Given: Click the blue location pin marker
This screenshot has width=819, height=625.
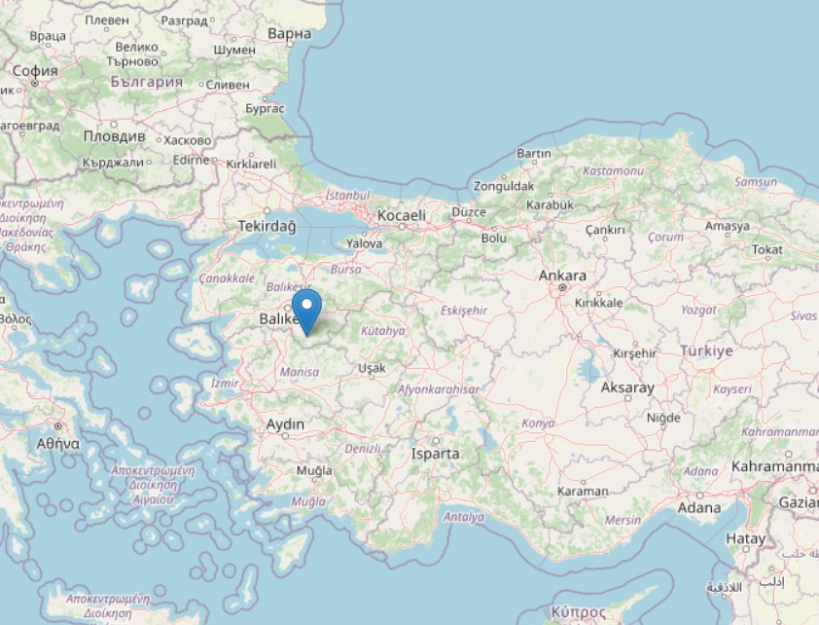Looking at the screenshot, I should (x=307, y=311).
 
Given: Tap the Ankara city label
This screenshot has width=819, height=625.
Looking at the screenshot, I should (x=563, y=276).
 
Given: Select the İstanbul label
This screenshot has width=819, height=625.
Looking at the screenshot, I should (x=349, y=195).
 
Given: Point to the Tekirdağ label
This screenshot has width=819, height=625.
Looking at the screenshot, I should (x=266, y=226).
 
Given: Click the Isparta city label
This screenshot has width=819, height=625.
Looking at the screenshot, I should (x=434, y=454).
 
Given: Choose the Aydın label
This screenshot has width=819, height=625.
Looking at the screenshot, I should (x=285, y=424).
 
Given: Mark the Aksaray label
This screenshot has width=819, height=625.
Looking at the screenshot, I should (x=627, y=387).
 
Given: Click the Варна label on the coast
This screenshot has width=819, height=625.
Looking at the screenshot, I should (x=289, y=34).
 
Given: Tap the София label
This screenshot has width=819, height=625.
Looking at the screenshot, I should (x=35, y=70).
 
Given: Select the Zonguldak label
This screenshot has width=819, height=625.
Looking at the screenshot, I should (x=503, y=186).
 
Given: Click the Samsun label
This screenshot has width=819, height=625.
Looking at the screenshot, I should (x=756, y=182).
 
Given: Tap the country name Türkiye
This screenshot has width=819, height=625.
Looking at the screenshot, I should (x=706, y=351).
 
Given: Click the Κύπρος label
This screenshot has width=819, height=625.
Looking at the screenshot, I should (x=578, y=610).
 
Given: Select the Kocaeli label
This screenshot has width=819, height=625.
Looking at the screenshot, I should (x=401, y=215).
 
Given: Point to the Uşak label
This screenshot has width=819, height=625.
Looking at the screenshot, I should (x=372, y=368).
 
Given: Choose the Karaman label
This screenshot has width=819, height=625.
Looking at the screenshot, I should (x=583, y=491).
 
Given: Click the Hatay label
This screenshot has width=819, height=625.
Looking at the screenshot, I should (x=746, y=538).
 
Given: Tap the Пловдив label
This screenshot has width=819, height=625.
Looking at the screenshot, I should (x=114, y=136).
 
